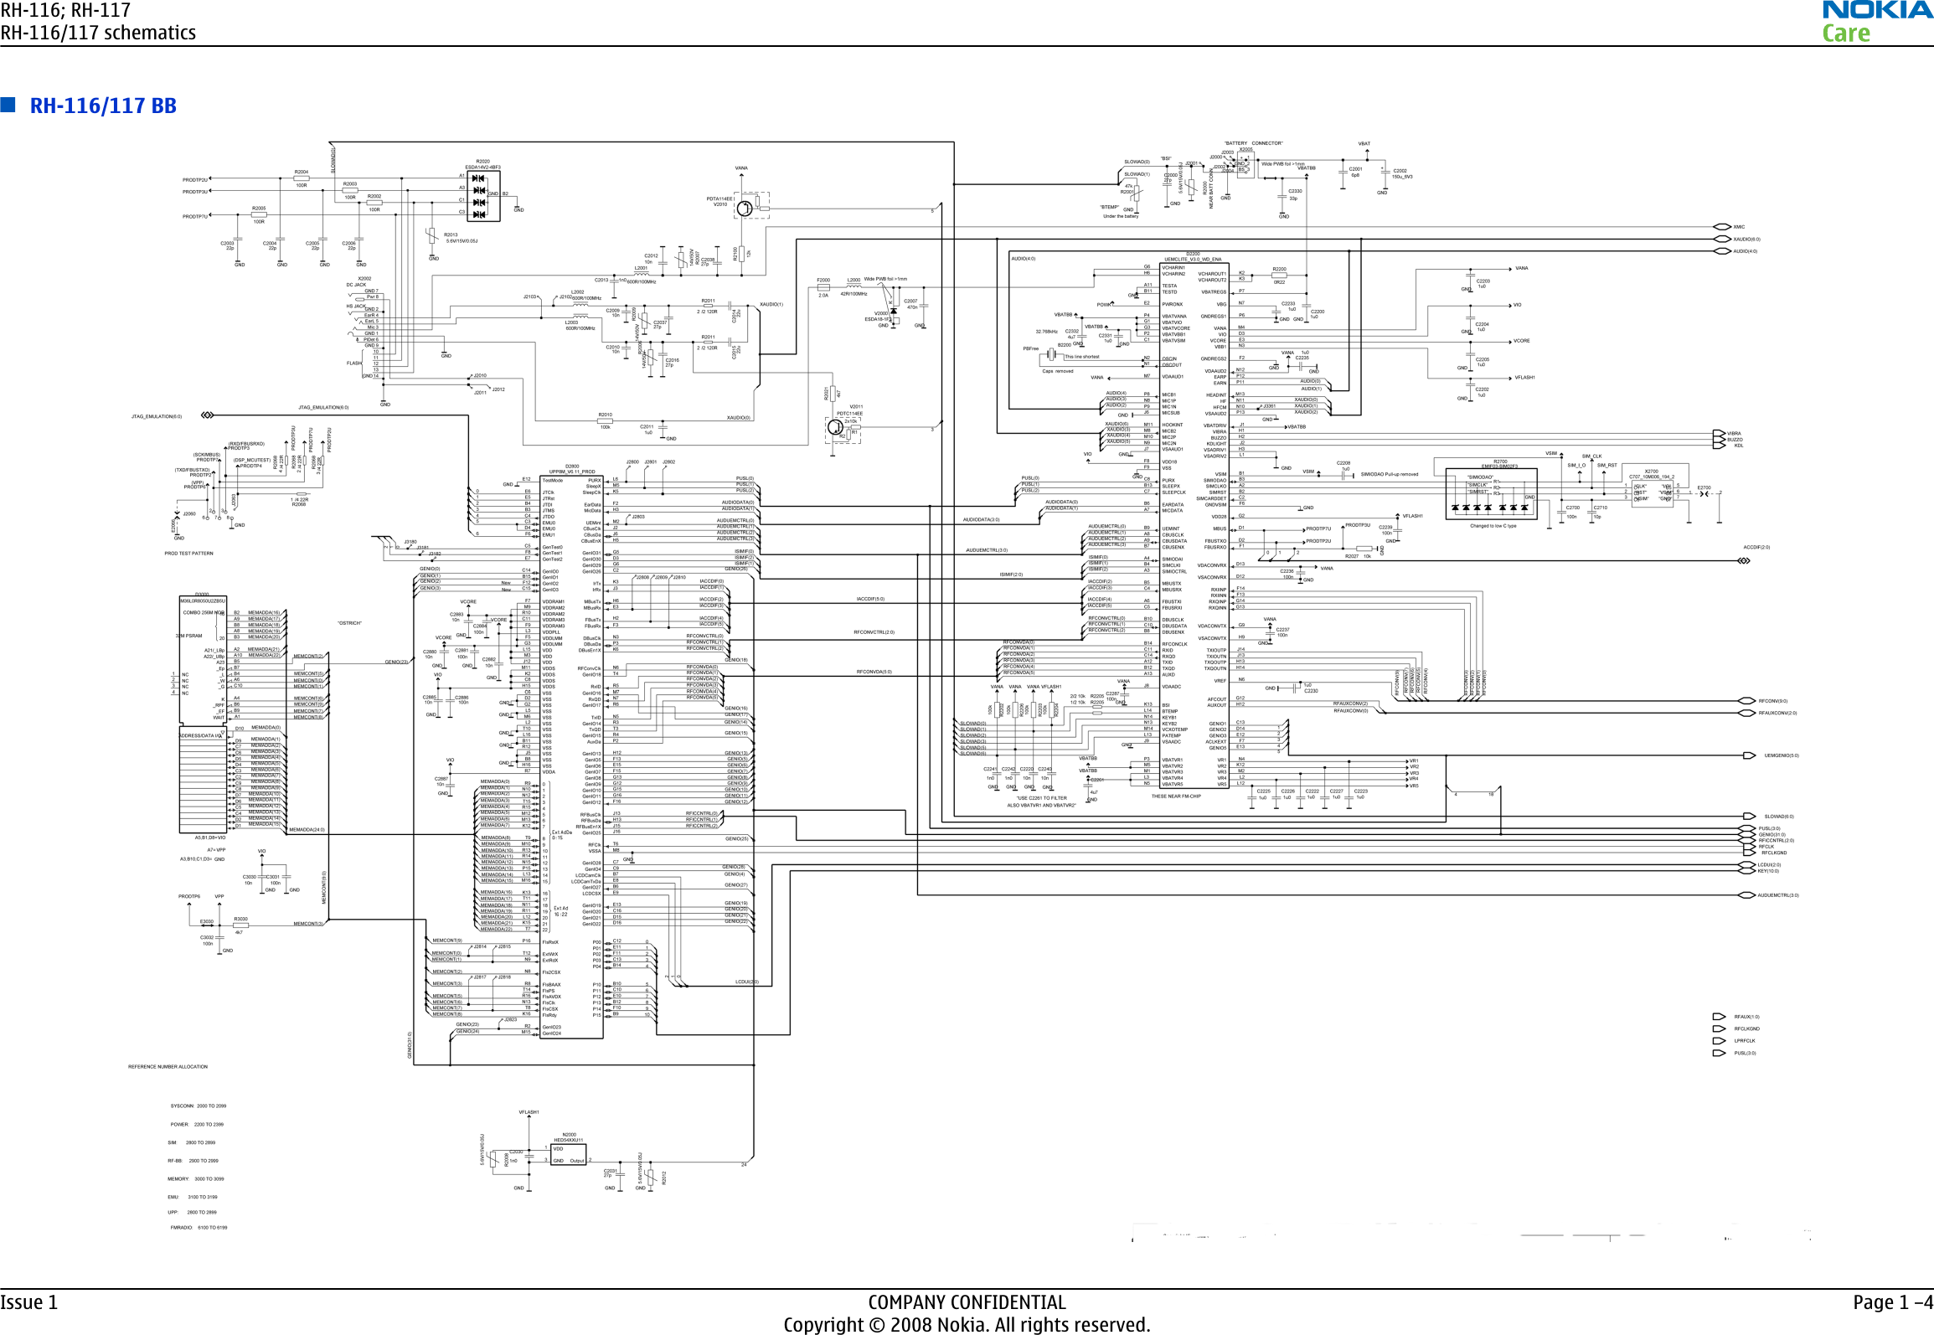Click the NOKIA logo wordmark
coord(1877,11)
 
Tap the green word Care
coord(1846,34)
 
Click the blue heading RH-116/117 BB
coord(103,106)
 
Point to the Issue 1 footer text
coord(29,1302)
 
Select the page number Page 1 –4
coord(1892,1302)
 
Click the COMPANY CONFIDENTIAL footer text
coord(967,1302)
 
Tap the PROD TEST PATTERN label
coord(188,554)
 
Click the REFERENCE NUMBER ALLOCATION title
coord(168,1067)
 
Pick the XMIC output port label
coord(1739,227)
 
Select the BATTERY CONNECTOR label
coord(1253,143)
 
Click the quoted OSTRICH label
coord(349,623)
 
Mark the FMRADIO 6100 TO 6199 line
coord(199,1228)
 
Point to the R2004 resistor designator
coord(302,173)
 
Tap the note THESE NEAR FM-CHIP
coord(1175,796)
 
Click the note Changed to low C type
coord(1493,526)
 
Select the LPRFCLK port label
coord(1745,1041)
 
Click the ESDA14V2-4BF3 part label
coord(482,168)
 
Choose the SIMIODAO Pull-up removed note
coord(1390,475)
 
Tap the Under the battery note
coord(1121,216)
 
